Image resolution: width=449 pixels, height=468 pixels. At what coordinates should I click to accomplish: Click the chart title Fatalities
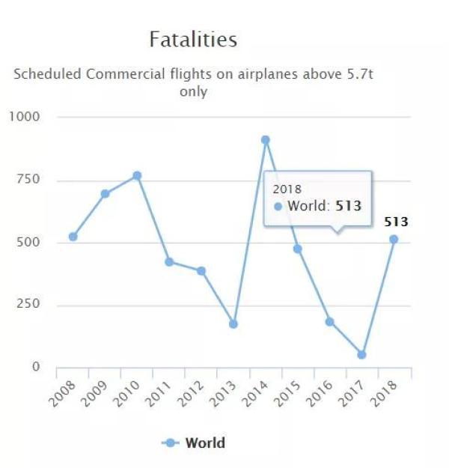click(x=193, y=39)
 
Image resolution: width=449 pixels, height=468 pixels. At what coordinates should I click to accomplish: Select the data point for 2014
click(x=265, y=140)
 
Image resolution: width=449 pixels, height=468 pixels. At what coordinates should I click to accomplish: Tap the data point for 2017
click(x=361, y=354)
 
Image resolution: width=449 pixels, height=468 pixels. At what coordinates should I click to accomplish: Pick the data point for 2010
click(x=137, y=176)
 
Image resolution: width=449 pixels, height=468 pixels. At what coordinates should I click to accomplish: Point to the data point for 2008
click(x=73, y=237)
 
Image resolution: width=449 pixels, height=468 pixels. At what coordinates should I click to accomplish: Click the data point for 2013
click(x=233, y=324)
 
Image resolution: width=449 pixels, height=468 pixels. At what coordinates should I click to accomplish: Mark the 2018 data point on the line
click(x=394, y=239)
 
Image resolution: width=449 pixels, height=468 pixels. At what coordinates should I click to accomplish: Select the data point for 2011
click(x=169, y=262)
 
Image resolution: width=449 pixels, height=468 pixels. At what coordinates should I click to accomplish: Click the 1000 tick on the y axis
click(x=25, y=117)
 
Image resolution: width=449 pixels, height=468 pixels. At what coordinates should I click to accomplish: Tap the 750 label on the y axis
click(x=28, y=180)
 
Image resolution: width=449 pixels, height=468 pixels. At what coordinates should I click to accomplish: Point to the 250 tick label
click(x=28, y=305)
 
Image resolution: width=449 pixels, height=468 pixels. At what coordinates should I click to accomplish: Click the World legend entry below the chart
click(x=204, y=443)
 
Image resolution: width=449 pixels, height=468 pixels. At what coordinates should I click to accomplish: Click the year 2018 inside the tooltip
click(x=287, y=189)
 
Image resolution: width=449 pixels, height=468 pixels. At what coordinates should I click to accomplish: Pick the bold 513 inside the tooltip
click(x=348, y=205)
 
